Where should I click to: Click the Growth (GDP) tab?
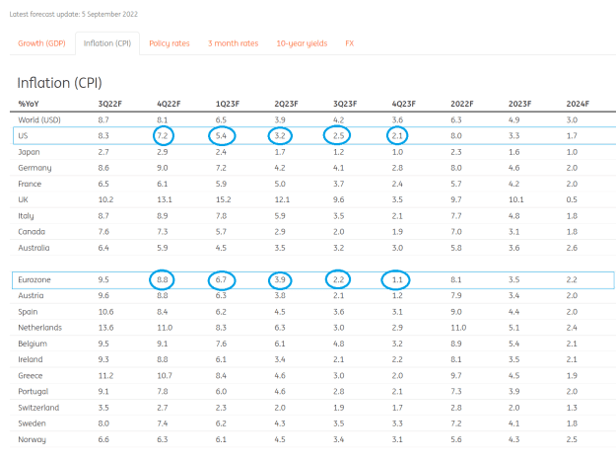tap(41, 43)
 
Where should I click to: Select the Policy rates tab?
tap(170, 43)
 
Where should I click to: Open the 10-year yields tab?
tap(302, 43)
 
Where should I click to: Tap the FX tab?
tap(350, 43)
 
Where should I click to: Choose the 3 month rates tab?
tap(233, 43)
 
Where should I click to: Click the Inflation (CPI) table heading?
tap(59, 83)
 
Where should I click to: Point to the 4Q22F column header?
tap(169, 104)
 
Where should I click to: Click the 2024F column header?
tap(578, 104)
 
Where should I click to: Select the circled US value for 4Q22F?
tap(163, 135)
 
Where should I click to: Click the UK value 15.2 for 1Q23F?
tap(223, 199)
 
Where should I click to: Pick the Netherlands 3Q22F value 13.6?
tap(105, 328)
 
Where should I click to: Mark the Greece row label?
tap(31, 376)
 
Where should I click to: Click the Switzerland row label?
tap(38, 408)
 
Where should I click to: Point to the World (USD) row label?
tap(39, 120)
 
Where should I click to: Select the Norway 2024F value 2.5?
tap(572, 439)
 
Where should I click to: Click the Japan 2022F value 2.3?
tap(456, 152)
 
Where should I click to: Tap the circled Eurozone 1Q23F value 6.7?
tap(221, 279)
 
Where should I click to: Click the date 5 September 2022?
tap(109, 14)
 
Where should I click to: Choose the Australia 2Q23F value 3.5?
tap(280, 248)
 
